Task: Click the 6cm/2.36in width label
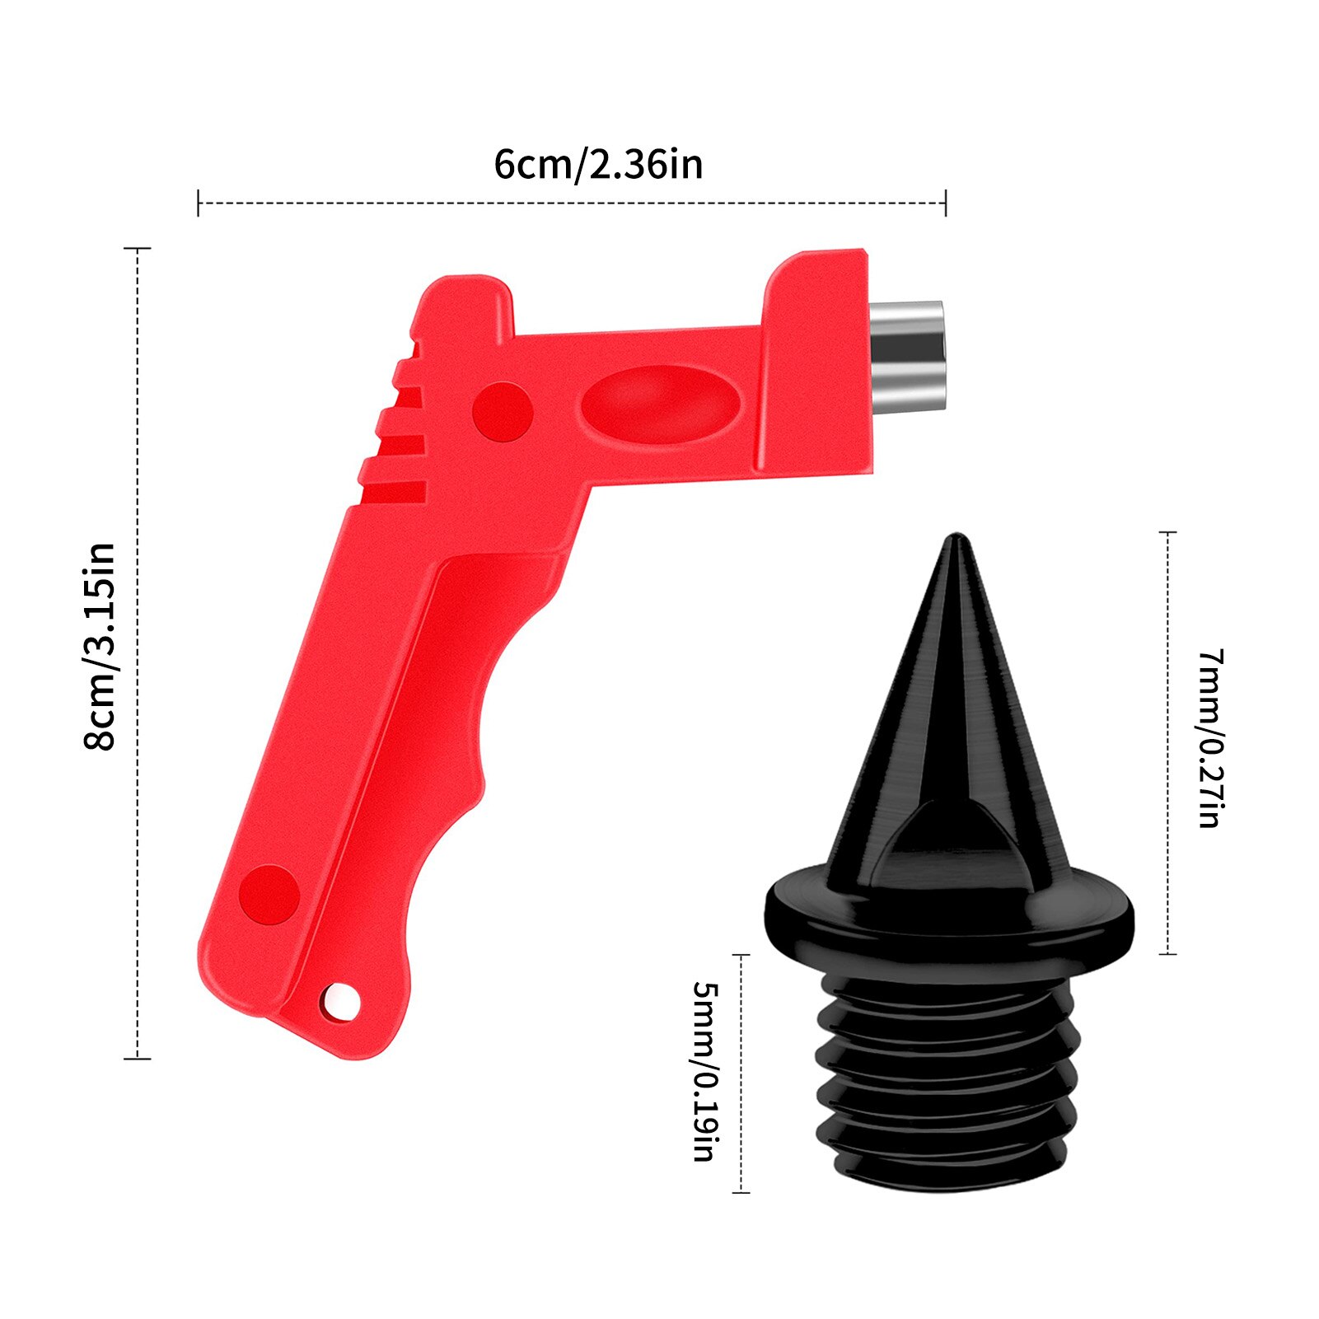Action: [598, 164]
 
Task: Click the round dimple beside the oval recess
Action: [503, 410]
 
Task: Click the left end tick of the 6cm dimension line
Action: [199, 203]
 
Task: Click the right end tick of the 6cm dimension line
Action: [946, 203]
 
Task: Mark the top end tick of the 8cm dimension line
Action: [137, 248]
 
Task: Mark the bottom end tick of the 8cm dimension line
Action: [137, 1059]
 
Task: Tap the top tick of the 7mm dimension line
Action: [1167, 533]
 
